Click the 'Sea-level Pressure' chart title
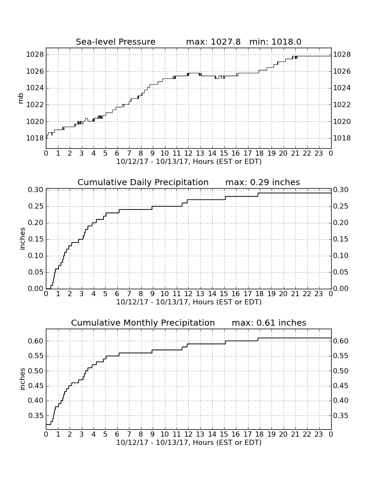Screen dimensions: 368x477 (x=116, y=42)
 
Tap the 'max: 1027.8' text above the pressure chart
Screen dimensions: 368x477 (x=213, y=42)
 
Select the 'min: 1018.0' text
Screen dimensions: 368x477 (x=275, y=42)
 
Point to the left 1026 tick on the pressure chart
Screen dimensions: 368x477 (x=35, y=72)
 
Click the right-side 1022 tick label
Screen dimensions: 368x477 (x=342, y=105)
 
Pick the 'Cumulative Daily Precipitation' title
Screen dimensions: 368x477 (x=143, y=182)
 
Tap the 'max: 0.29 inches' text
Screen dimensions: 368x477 (x=263, y=182)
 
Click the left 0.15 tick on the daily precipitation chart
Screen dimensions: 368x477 (x=36, y=239)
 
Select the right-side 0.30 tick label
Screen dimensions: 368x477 (x=341, y=190)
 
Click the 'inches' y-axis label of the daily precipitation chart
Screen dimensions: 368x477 (x=22, y=239)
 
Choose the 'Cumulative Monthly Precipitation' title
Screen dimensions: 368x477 (x=143, y=323)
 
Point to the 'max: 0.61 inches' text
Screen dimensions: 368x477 (x=269, y=323)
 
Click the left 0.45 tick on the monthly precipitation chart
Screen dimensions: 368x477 (x=36, y=386)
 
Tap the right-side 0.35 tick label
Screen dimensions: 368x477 (x=341, y=415)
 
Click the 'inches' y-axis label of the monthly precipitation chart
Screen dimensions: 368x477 (x=22, y=379)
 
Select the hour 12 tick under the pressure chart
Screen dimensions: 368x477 (x=188, y=154)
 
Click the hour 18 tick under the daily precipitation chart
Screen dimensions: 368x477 (x=260, y=294)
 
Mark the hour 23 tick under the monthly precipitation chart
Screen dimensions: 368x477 (x=319, y=434)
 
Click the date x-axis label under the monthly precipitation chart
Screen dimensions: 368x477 (x=189, y=442)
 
